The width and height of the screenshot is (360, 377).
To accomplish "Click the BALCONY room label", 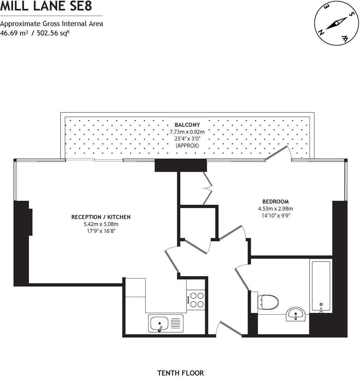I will (x=187, y=125).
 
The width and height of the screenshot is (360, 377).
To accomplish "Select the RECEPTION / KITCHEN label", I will (x=101, y=217).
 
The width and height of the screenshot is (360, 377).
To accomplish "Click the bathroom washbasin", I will (x=296, y=314).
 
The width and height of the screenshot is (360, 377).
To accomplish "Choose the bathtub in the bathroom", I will (x=321, y=286).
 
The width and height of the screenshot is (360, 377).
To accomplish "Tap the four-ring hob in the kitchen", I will (x=197, y=299).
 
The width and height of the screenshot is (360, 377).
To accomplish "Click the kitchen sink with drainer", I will (x=166, y=323).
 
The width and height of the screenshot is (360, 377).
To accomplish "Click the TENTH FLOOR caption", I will (x=181, y=373).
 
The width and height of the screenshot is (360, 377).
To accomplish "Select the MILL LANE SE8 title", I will (x=46, y=6).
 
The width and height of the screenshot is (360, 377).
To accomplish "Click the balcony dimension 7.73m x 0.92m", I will (x=187, y=132).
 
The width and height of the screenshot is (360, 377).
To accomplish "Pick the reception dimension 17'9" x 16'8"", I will (x=101, y=231).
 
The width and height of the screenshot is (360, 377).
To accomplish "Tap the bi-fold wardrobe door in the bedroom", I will (x=207, y=188).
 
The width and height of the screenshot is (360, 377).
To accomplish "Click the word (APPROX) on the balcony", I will (x=187, y=145).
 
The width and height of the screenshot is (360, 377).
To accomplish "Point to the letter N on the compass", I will (x=321, y=32).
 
